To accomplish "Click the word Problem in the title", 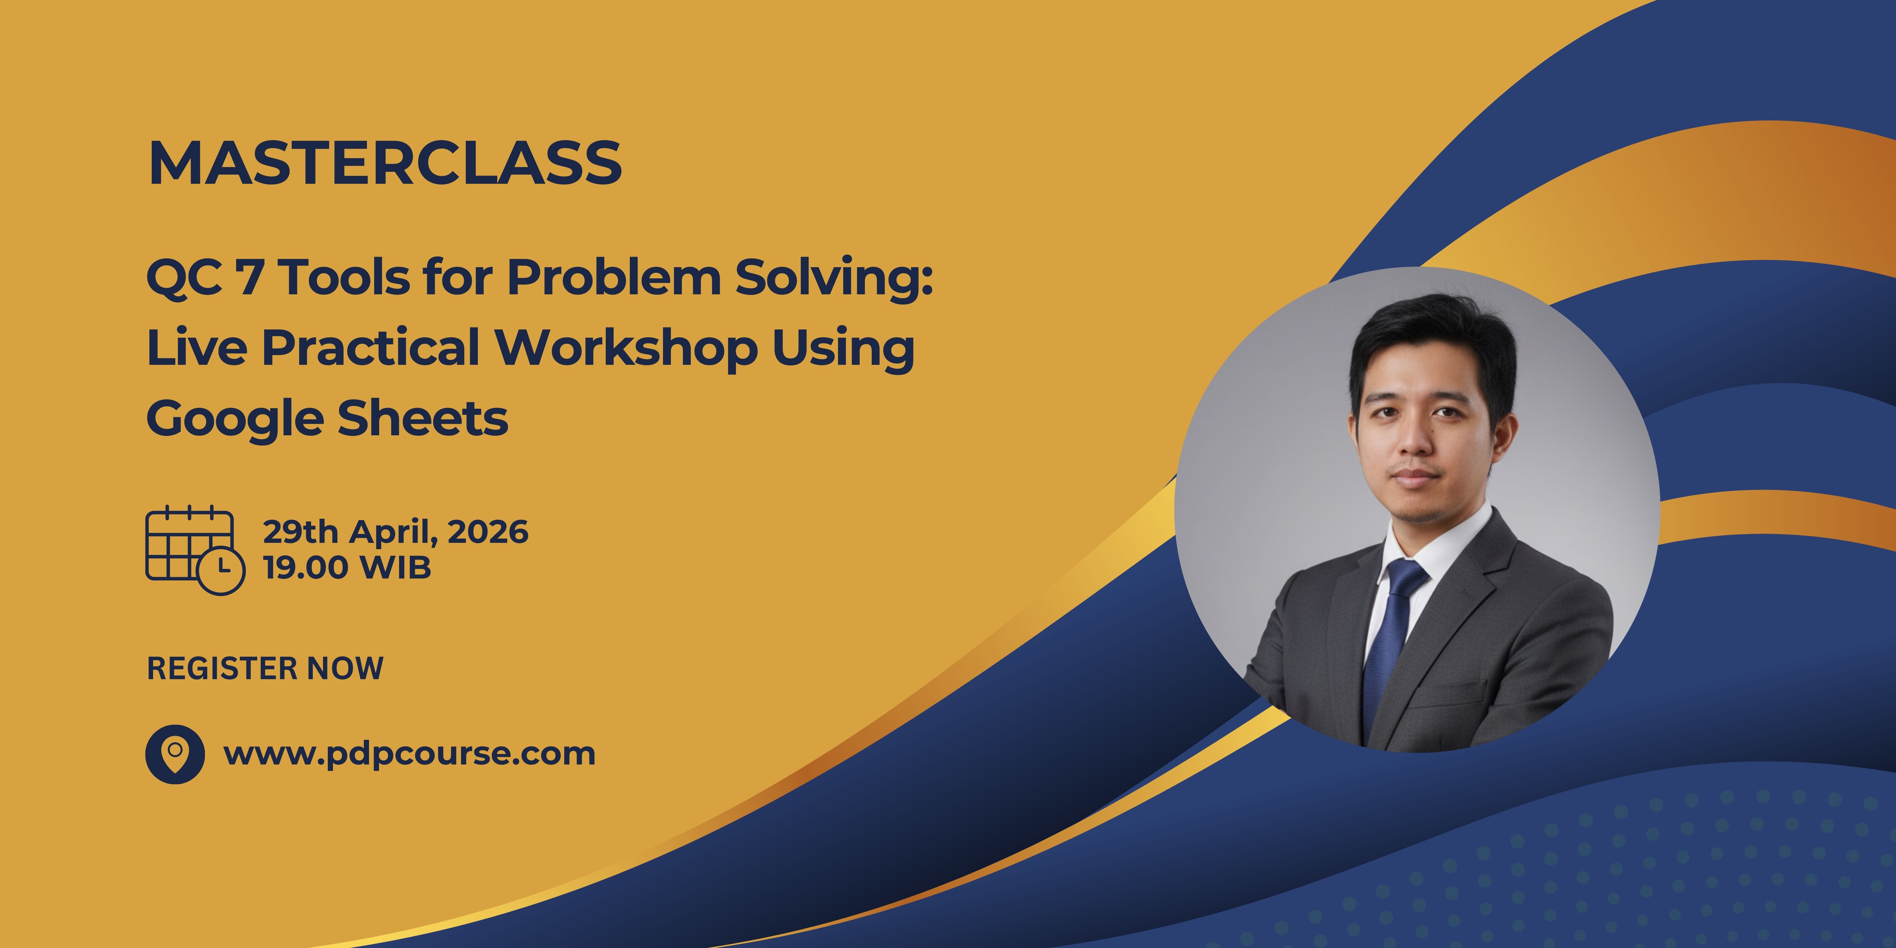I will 613,278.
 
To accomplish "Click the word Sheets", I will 422,418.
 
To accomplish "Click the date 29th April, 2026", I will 395,531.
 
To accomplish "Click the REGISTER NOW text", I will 265,668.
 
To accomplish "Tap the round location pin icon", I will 174,754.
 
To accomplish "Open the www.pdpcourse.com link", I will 409,754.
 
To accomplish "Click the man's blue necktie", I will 1391,633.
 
